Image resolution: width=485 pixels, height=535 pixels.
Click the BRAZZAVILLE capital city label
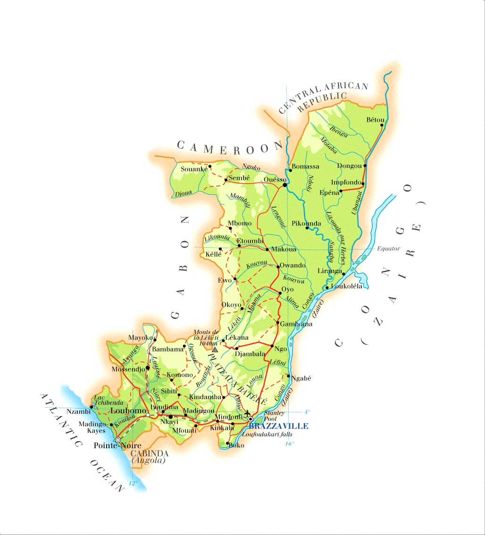point(278,426)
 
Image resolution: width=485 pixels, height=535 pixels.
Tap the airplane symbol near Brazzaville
point(247,414)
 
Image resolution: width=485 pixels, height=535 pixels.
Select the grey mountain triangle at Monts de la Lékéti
point(215,350)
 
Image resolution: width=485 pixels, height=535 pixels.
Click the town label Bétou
point(375,120)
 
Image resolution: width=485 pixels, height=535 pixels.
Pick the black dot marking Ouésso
point(284,185)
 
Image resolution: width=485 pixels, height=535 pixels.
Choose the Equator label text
point(388,249)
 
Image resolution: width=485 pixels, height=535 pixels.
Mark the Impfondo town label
point(346,182)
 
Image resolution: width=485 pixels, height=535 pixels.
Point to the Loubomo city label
point(128,411)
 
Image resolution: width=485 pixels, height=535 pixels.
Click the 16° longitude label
point(289,443)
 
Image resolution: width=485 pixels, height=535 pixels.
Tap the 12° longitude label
point(133,483)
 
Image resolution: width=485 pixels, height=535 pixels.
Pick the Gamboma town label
point(296,324)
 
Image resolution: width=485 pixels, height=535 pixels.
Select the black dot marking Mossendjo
point(148,368)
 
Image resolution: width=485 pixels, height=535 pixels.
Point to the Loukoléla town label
point(347,286)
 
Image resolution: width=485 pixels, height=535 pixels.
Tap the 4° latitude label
point(307,412)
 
